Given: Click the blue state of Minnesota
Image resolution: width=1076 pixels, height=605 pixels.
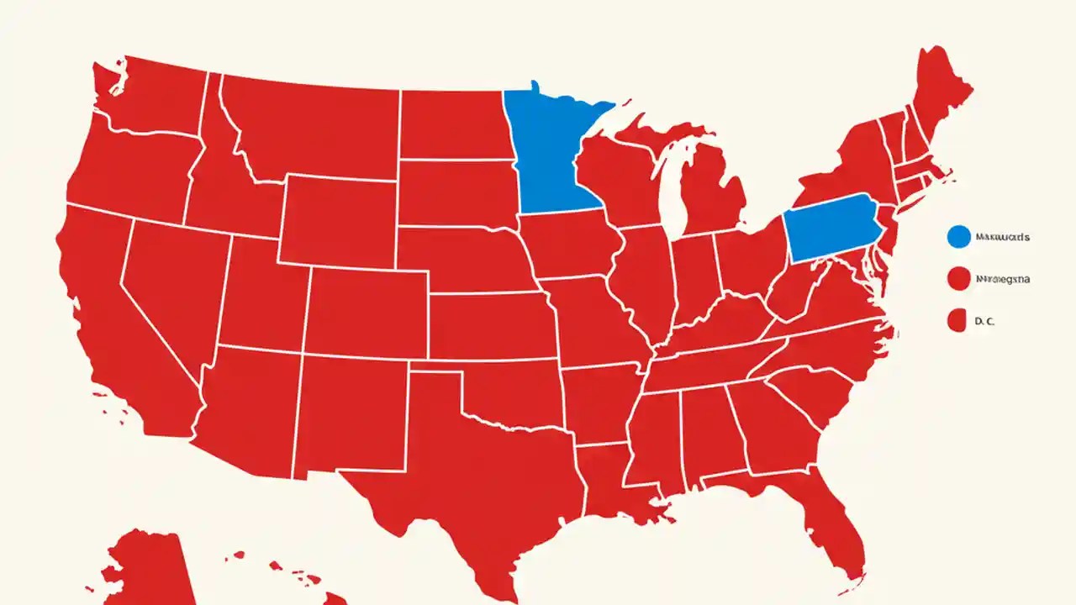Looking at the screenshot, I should point(551,155).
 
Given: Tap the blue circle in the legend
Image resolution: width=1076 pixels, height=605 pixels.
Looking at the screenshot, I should point(958,238).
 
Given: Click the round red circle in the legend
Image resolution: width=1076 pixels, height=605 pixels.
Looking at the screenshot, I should point(958,278).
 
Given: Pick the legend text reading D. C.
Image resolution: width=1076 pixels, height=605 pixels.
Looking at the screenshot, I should point(984,320).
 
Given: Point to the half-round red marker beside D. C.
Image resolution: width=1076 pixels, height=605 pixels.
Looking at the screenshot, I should point(955,320).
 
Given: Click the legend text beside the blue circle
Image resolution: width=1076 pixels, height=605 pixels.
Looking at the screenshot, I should point(1002,238).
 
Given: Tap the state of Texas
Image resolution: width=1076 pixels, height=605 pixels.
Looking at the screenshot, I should point(471,471).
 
